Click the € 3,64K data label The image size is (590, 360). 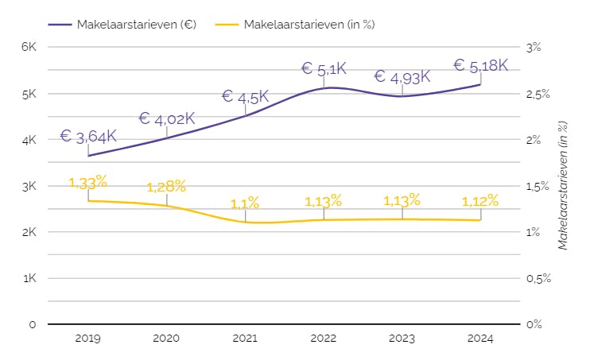point(88,136)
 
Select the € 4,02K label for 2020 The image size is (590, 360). point(167,118)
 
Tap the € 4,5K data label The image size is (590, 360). point(245,97)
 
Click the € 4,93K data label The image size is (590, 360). point(402,77)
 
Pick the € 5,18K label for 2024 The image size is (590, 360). point(480,65)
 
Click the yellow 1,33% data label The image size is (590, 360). point(88,183)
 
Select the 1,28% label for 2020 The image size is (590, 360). point(167,187)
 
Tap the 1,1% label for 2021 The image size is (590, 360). point(245,203)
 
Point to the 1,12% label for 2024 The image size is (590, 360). point(480,201)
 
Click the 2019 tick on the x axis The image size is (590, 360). point(88,339)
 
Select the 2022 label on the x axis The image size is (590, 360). point(324,339)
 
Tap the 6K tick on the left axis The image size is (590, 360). point(29,47)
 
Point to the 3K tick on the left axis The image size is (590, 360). point(29,186)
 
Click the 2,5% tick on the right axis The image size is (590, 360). point(538,94)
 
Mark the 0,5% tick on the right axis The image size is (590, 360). point(538,279)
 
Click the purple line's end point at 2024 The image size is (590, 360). point(480,84)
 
